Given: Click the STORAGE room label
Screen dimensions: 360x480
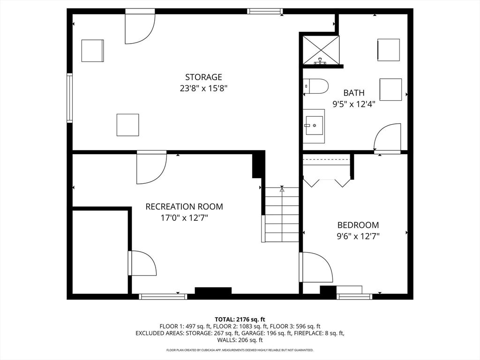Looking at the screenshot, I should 203,77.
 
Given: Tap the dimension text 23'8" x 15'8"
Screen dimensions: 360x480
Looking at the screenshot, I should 203,88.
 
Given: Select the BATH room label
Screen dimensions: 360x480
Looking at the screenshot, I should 353,93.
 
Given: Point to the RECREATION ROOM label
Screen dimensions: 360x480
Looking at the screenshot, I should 184,206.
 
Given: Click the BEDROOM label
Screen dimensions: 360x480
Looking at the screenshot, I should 358,225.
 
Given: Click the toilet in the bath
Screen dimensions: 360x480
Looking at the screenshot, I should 316,86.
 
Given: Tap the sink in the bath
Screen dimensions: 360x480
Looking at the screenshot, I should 314,125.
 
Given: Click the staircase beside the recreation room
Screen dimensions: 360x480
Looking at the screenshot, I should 282,215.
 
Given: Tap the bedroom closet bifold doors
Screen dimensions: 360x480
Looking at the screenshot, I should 327,181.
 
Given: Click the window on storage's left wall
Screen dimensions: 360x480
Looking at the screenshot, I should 70,97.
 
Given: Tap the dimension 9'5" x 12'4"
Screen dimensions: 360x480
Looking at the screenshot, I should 353,104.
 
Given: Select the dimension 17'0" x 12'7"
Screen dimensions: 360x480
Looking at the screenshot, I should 184,217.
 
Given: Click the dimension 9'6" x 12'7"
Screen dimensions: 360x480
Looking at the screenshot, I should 358,236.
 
